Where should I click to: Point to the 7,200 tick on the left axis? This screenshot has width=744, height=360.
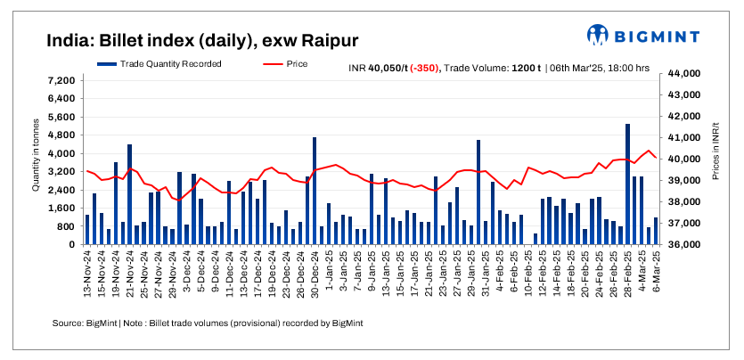click(x=61, y=80)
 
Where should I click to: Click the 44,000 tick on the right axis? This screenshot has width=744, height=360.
click(x=676, y=74)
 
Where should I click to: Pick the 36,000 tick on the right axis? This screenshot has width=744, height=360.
click(x=676, y=244)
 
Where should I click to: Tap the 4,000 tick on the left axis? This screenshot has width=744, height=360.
click(x=61, y=153)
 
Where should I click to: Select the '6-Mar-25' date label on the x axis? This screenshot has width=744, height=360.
click(x=656, y=273)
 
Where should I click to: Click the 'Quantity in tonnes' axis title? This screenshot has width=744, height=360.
click(x=36, y=159)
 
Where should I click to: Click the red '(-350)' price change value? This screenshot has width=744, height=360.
click(x=424, y=68)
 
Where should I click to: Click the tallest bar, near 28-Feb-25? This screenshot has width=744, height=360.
click(x=628, y=184)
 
